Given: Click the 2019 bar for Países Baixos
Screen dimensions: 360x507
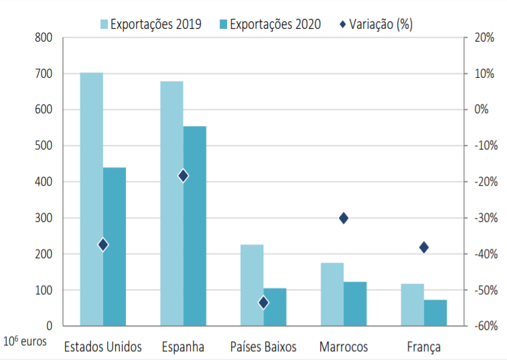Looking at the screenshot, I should click(x=252, y=285).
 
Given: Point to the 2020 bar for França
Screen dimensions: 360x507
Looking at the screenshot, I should click(x=435, y=312).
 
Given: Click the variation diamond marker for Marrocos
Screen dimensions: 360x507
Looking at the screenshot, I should click(x=344, y=218).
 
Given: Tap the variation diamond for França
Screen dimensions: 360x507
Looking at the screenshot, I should click(x=424, y=247).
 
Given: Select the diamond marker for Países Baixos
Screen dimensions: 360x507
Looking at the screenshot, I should click(x=263, y=302).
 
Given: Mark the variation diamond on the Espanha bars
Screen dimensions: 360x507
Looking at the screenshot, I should click(x=183, y=176).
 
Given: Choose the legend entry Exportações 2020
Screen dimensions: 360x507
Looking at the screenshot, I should click(x=268, y=25).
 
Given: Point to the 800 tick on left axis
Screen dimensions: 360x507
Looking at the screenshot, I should click(x=44, y=38).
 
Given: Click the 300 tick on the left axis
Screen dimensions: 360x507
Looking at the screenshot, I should click(x=44, y=218).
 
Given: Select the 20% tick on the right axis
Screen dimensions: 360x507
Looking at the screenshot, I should click(x=484, y=38).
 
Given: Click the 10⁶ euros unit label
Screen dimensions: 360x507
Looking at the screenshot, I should click(x=25, y=341).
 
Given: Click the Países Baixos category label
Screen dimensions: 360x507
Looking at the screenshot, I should click(x=263, y=347).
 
